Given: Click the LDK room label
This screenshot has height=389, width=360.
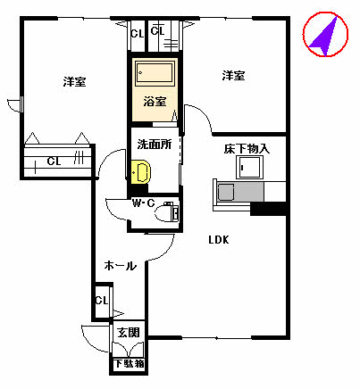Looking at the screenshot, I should coord(219,239).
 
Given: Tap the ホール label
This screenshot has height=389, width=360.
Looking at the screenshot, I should coord(120,266).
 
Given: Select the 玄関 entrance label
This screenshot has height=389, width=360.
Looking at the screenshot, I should coord(129,333).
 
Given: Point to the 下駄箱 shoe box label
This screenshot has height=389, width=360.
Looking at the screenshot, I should coord(129,363).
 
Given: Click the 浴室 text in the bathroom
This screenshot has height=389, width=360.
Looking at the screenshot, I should coord(155,101).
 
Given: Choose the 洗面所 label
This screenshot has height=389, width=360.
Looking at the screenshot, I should coord(154,142).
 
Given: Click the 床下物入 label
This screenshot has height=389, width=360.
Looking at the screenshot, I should coord(246,148).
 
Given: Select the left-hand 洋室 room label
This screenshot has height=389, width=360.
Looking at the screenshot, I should coord(74,81).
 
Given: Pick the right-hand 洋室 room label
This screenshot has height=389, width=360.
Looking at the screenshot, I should coord(233,76).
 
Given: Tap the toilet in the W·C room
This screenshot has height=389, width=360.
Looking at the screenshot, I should coord(168,211).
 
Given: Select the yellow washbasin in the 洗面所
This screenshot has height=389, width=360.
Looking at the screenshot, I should coord(139,171).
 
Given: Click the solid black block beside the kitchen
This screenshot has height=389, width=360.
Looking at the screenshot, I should coord(269,210).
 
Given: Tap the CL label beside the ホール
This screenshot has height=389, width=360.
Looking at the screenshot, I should coord(101,300).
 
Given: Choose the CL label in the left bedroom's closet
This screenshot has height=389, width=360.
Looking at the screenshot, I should coord(54,161).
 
